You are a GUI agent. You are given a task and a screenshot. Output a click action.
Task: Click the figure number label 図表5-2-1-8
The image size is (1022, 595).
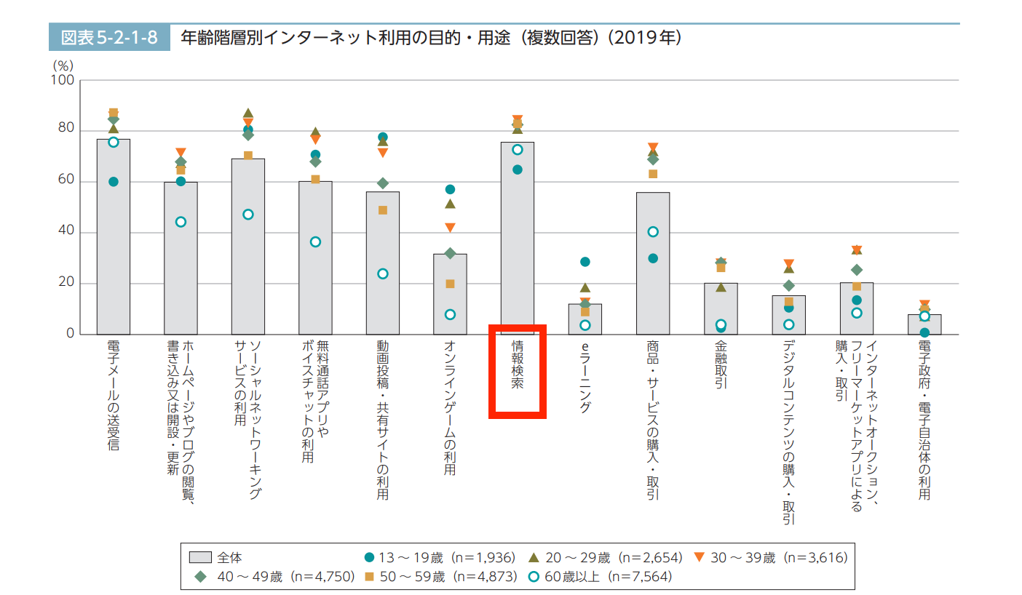tap(109, 37)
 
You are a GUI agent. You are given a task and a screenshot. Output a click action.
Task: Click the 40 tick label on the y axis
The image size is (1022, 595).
tap(66, 233)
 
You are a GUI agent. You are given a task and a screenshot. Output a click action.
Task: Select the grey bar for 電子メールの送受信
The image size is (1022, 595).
tap(114, 240)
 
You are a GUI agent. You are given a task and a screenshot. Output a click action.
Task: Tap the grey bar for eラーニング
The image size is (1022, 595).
tap(585, 320)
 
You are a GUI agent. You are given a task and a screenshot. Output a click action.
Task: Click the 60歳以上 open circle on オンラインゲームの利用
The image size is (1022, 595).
tap(450, 315)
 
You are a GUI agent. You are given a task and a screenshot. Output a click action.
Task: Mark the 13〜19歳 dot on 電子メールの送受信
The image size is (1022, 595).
tap(114, 182)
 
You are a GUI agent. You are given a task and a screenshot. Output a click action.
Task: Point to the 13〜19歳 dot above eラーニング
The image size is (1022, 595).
tap(585, 262)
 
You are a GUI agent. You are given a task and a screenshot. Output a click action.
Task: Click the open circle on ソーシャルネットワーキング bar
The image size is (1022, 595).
tap(248, 215)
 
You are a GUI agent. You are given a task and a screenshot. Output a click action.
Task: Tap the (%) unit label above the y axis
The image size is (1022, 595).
tap(63, 65)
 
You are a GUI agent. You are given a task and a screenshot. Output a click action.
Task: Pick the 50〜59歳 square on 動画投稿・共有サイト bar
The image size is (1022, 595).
tap(383, 210)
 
